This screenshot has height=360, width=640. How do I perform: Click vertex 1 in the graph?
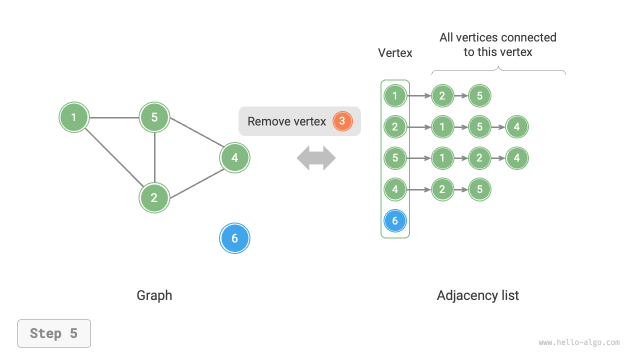click(x=74, y=117)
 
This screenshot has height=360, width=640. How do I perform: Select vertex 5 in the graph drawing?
click(x=154, y=117)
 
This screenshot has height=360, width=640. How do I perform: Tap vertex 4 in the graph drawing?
click(x=234, y=158)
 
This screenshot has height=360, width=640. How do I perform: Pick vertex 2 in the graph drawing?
click(x=154, y=197)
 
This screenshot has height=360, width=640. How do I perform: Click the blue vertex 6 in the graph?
click(x=234, y=238)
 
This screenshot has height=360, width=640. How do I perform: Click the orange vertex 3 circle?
click(x=342, y=121)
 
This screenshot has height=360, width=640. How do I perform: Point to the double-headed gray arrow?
click(x=316, y=158)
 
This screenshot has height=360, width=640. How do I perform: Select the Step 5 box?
click(x=54, y=333)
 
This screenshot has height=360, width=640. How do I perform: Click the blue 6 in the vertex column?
click(x=395, y=220)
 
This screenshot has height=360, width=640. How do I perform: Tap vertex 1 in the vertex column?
click(x=395, y=95)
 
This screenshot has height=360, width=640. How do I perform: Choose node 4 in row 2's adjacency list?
click(x=516, y=127)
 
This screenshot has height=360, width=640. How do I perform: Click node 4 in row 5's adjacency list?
click(x=516, y=158)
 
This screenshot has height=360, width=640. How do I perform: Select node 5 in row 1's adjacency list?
click(x=479, y=95)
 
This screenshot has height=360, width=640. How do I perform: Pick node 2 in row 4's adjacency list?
click(x=442, y=189)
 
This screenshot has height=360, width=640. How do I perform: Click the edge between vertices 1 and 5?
click(x=114, y=118)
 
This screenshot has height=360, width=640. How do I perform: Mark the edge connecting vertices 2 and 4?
click(x=196, y=183)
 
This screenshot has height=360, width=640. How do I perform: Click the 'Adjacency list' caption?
click(x=477, y=295)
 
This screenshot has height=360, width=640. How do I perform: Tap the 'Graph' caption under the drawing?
click(x=154, y=295)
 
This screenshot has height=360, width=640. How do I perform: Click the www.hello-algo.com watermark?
click(x=579, y=342)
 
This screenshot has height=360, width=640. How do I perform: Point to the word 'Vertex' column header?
click(x=395, y=53)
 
